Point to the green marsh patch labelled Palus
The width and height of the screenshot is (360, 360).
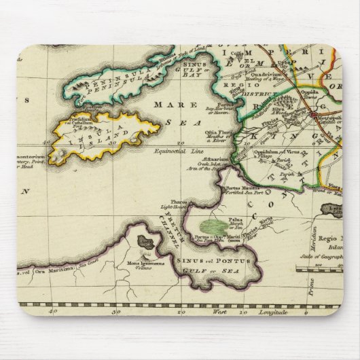216,222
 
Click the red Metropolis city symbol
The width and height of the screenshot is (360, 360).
314,115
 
